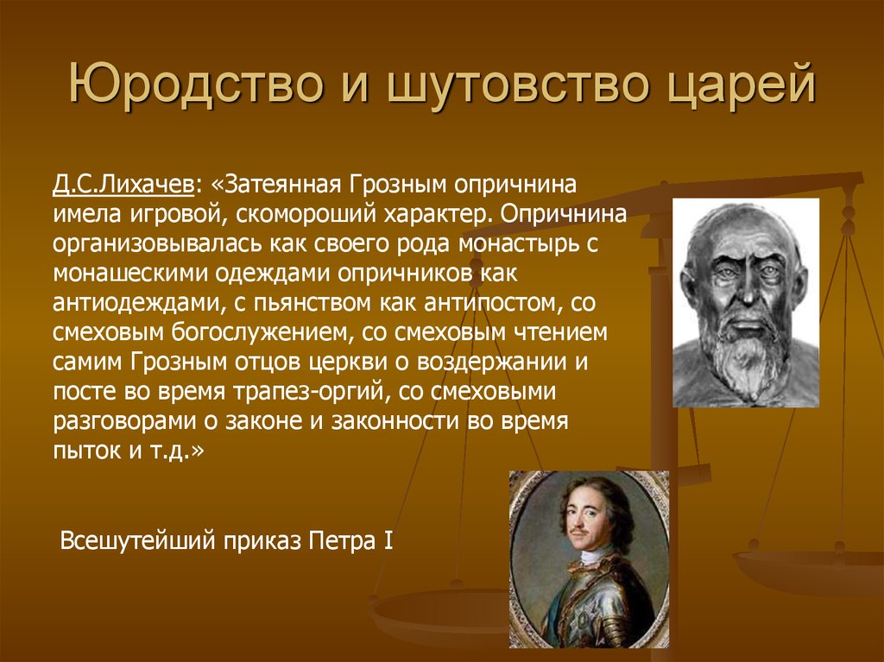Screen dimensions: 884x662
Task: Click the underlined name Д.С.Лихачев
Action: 123,185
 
